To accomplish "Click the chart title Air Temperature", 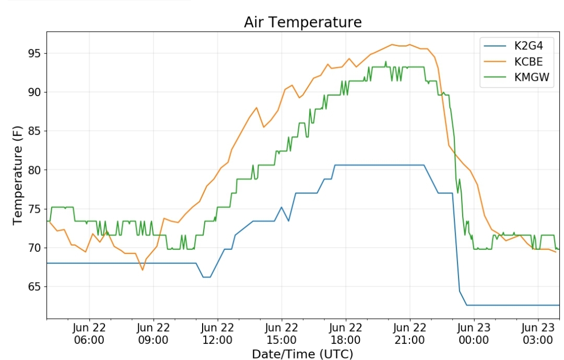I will click(302, 22).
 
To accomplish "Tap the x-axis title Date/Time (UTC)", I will click(302, 354).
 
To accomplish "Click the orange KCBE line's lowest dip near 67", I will click(142, 270).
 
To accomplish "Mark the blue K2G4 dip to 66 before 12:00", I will click(206, 277).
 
